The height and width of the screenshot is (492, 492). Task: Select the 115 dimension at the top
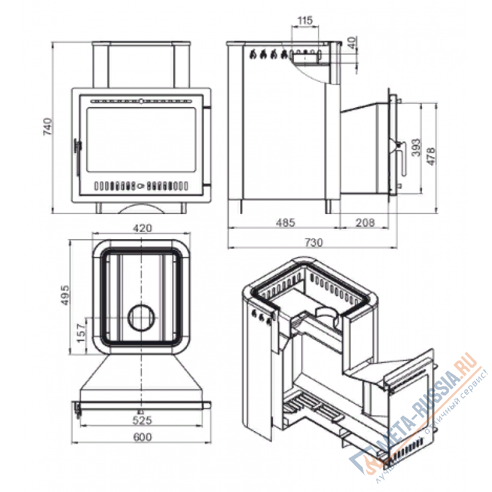(305, 21)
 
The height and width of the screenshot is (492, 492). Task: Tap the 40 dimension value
(351, 44)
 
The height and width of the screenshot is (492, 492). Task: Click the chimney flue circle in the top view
(142, 318)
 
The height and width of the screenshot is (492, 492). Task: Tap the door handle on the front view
(77, 147)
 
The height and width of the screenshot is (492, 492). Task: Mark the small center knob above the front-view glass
(141, 100)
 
